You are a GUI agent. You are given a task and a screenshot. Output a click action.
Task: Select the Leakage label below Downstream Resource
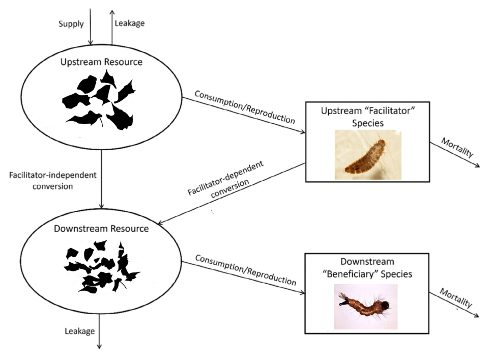coord(79,331)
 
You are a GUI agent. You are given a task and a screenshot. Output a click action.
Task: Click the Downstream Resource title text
coord(101,228)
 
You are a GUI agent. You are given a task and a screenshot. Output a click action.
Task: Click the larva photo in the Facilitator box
coord(367,154)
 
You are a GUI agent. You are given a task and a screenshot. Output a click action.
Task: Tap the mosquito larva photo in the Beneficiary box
coord(365,307)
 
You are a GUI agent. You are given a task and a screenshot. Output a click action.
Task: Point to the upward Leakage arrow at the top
coord(111,25)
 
